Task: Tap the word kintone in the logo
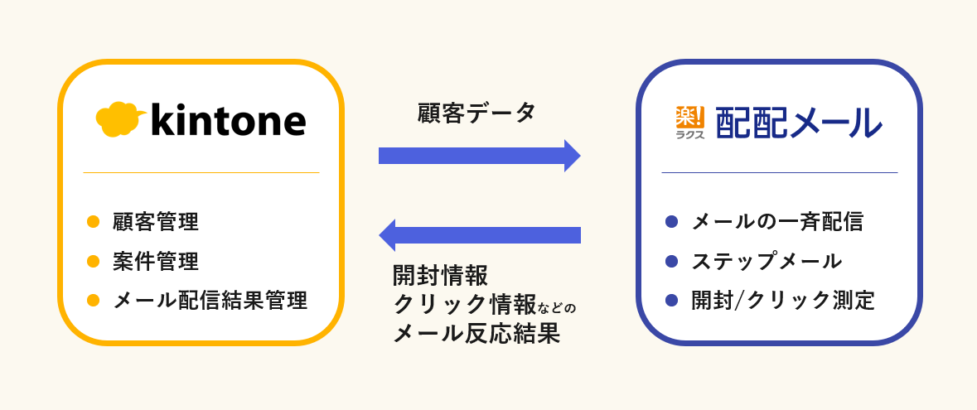[229, 120]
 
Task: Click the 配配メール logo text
[798, 123]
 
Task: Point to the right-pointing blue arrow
[479, 156]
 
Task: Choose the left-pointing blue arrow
[479, 235]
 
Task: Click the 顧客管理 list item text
[156, 222]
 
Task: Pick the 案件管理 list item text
[156, 262]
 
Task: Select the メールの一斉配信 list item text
[777, 222]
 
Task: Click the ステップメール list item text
[767, 262]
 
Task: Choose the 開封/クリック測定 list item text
[783, 300]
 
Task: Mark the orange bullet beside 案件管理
[94, 262]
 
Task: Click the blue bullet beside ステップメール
[672, 262]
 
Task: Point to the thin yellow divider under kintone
[201, 172]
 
